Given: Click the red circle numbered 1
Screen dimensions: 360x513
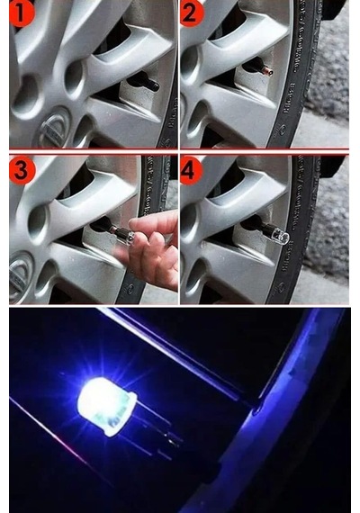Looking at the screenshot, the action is point(22,13).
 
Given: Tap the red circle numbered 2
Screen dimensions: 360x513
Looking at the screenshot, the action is point(192,13).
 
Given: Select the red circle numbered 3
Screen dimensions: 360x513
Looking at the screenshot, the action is point(22,170).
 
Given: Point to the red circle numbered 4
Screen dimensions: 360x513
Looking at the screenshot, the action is point(192,170).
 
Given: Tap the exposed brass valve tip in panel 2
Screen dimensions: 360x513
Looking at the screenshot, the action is point(268,71).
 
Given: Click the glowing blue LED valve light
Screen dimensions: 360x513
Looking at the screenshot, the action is point(106,406).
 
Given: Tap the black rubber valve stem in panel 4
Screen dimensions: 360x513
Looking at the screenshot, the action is point(255,224).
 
